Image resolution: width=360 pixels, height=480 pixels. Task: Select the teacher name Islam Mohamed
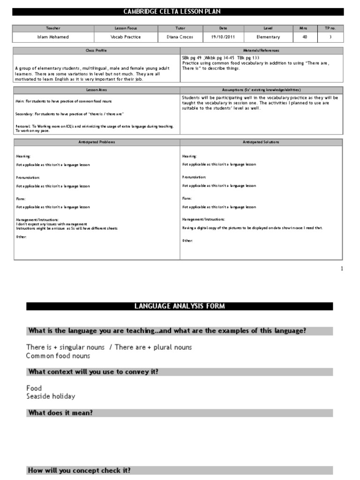[x=53, y=37]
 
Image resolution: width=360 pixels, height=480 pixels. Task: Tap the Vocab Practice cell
[x=126, y=37]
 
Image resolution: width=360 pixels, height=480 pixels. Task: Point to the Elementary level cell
[x=268, y=37]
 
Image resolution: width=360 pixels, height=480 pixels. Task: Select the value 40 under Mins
[x=305, y=37]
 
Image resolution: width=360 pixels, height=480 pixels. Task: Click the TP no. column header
[x=330, y=29]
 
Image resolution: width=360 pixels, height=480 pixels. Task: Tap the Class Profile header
[x=96, y=50]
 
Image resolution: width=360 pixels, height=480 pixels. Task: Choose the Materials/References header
[x=262, y=50]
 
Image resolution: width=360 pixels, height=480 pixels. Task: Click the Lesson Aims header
[x=96, y=90]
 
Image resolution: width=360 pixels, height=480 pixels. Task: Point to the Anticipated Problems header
[x=96, y=142]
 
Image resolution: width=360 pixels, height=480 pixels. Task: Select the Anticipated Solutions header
[x=262, y=142]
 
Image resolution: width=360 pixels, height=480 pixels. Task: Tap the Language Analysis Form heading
[x=180, y=306]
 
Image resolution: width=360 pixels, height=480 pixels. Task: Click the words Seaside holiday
[x=51, y=396]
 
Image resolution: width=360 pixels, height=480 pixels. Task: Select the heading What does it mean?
[x=60, y=413]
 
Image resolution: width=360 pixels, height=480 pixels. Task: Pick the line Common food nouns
[x=58, y=356]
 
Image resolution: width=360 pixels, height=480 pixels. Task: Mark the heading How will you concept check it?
[x=79, y=470]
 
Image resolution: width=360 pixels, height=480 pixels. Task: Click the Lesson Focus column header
[x=126, y=29]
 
